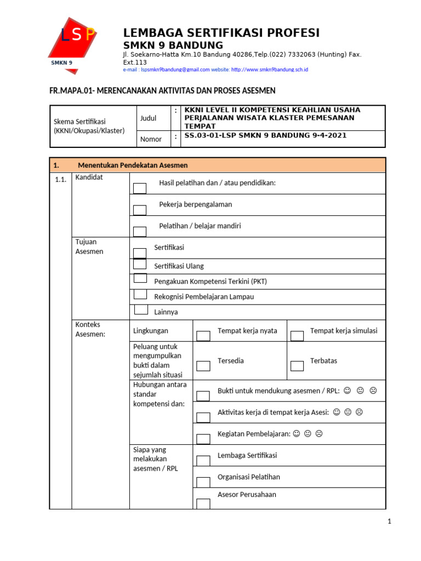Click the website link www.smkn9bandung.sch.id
pos(270,70)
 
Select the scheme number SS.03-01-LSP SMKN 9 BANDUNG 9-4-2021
pos(266,136)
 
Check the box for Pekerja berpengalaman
pos(140,210)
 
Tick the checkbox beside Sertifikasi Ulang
pos(140,265)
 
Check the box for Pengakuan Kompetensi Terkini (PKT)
pos(140,279)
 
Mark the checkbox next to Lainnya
pos(141,309)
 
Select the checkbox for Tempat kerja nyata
pos(203,336)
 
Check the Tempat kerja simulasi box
pos(297,336)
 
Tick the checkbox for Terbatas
pos(297,366)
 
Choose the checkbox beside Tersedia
pos(203,366)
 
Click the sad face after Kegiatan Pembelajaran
pos(319,434)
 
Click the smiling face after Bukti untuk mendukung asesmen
pos(348,391)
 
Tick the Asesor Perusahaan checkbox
pos(203,503)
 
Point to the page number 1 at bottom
pos(389,522)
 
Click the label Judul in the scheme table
pos(148,118)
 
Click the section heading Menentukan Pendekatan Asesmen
pos(133,165)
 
